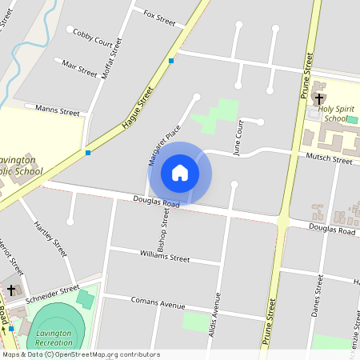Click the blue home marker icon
pyautogui.click(x=180, y=173)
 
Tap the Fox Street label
pyautogui.click(x=159, y=16)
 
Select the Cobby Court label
pyautogui.click(x=93, y=36)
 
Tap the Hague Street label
pyautogui.click(x=137, y=110)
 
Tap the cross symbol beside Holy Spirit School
pyautogui.click(x=318, y=99)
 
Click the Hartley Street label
pyautogui.click(x=50, y=240)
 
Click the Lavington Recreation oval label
pyautogui.click(x=54, y=338)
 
